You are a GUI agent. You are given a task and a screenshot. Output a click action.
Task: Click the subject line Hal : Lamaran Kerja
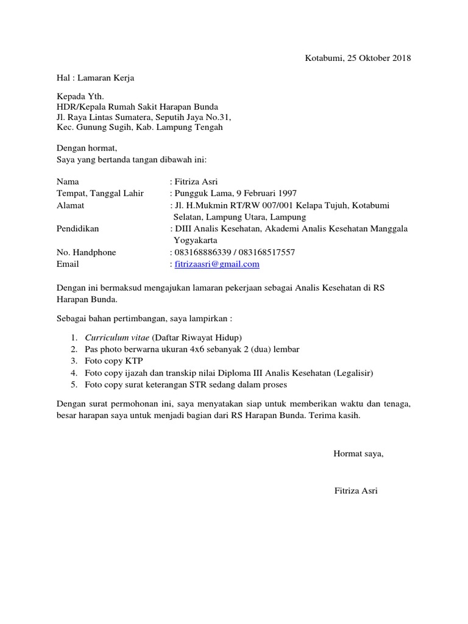(x=95, y=78)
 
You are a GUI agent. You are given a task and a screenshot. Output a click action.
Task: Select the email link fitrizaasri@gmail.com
(x=217, y=264)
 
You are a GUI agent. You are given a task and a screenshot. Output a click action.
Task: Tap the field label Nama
(x=68, y=182)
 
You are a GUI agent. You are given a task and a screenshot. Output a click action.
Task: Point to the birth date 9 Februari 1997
(x=264, y=194)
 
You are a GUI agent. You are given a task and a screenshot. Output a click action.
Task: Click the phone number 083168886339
(x=201, y=252)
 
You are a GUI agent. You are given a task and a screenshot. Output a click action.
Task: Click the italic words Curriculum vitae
(x=116, y=338)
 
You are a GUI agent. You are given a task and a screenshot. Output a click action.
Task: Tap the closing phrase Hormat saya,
(x=358, y=453)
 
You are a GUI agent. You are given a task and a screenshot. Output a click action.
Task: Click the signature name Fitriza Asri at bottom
(x=356, y=491)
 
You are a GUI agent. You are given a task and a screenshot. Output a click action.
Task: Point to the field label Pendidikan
(x=77, y=229)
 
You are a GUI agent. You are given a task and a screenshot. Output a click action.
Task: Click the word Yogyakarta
(x=199, y=240)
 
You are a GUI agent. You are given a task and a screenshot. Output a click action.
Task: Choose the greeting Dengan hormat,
(x=86, y=148)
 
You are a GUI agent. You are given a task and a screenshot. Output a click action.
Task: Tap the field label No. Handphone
(x=86, y=252)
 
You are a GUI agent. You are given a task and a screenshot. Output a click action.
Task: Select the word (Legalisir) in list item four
(x=353, y=373)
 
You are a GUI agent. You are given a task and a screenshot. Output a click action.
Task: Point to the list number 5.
(x=74, y=385)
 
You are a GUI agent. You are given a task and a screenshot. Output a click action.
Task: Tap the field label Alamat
(x=70, y=205)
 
